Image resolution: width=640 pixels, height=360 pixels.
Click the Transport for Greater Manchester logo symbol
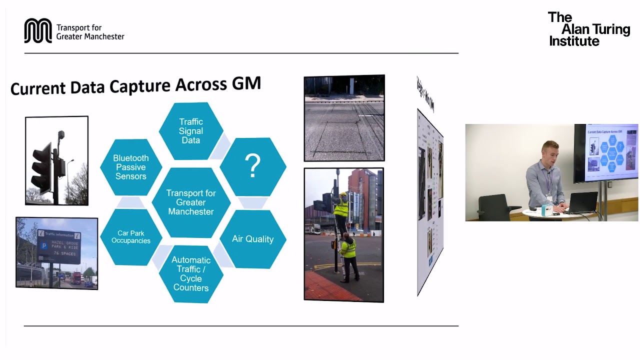coord(38,31)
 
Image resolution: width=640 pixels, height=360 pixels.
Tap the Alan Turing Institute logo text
coord(588,29)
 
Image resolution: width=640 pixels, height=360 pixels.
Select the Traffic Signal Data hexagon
coord(190,131)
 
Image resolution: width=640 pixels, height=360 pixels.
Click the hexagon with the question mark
coord(253,166)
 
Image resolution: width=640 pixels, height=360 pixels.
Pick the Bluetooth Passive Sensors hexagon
coord(131,167)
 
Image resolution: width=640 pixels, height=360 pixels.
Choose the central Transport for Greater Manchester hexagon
coord(191,202)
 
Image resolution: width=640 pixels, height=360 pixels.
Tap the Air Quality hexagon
coord(252,239)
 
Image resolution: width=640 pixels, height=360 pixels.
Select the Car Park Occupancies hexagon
coord(131,237)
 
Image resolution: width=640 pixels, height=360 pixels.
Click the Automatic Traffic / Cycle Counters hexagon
coord(190,273)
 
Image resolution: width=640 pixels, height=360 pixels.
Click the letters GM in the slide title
coord(246,83)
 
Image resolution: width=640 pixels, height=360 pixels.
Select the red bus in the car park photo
coord(75,279)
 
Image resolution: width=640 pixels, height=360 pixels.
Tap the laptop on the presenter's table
coord(582,202)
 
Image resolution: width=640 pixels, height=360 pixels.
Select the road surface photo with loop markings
coord(344,118)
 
